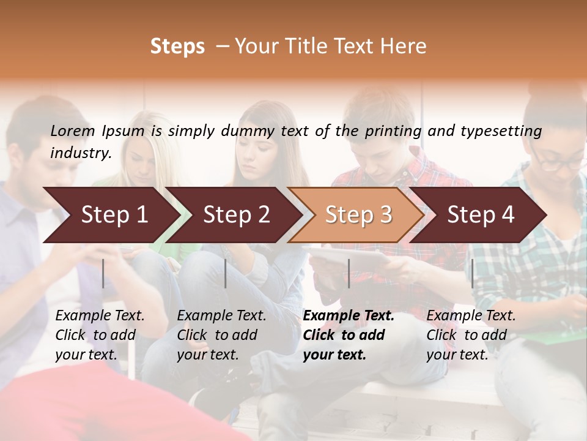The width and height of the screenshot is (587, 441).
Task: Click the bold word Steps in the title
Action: tap(177, 47)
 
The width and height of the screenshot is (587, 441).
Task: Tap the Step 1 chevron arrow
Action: tap(114, 215)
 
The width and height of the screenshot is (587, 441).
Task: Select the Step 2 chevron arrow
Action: tap(236, 215)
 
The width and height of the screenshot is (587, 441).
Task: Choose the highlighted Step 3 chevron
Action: tap(358, 215)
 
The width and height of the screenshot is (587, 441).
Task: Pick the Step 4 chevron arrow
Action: tap(481, 215)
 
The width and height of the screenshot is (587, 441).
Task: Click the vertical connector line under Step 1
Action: tap(103, 273)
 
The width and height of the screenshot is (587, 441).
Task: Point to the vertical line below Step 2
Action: tap(226, 273)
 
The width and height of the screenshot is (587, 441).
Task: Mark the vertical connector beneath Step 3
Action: tap(349, 273)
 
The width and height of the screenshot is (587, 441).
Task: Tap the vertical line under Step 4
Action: tap(472, 273)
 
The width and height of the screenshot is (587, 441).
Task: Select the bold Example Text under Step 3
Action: tap(349, 335)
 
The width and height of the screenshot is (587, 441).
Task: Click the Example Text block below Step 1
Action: tap(100, 335)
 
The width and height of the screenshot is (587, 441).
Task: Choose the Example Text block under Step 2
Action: tap(221, 335)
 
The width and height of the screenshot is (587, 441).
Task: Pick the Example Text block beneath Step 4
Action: tap(471, 335)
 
